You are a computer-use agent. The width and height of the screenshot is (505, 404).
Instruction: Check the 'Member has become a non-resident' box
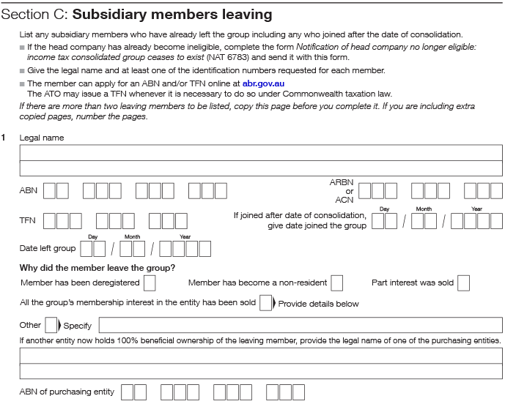coord(336,283)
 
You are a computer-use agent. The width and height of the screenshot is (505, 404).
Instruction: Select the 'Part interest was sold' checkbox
coord(463,283)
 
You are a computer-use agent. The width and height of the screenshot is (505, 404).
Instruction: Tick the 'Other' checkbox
coord(51,325)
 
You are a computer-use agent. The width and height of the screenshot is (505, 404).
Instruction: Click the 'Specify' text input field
coord(301,325)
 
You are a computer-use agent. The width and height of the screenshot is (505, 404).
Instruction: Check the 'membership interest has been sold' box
coord(265,303)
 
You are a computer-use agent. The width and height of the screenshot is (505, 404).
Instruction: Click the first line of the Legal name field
coord(261,152)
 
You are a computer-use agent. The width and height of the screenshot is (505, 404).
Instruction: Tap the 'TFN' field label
coord(27,220)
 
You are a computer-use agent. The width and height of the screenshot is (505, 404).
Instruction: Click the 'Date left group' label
coord(47,249)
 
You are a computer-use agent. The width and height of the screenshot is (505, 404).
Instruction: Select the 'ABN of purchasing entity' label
coord(67,392)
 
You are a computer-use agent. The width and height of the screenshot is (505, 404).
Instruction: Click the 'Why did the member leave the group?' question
coord(97,268)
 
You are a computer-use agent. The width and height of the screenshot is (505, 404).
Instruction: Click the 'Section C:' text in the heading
coord(34,14)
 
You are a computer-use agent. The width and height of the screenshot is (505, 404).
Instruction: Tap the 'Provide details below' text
coord(319,304)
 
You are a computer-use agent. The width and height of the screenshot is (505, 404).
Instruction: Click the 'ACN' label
coord(344,199)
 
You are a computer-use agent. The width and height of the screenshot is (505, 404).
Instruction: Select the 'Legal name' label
coord(42,138)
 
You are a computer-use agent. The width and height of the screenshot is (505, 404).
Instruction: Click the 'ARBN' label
coord(342,182)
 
